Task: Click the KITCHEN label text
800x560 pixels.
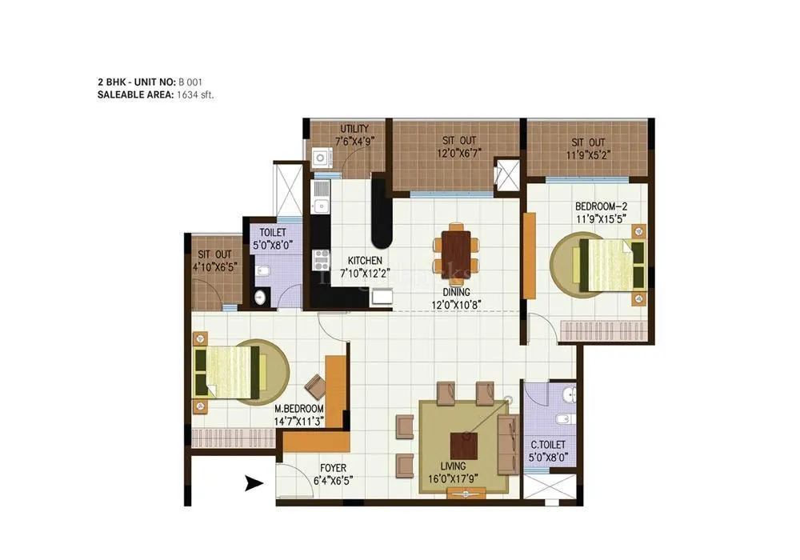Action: point(364,261)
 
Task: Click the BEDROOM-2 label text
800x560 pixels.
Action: point(596,206)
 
